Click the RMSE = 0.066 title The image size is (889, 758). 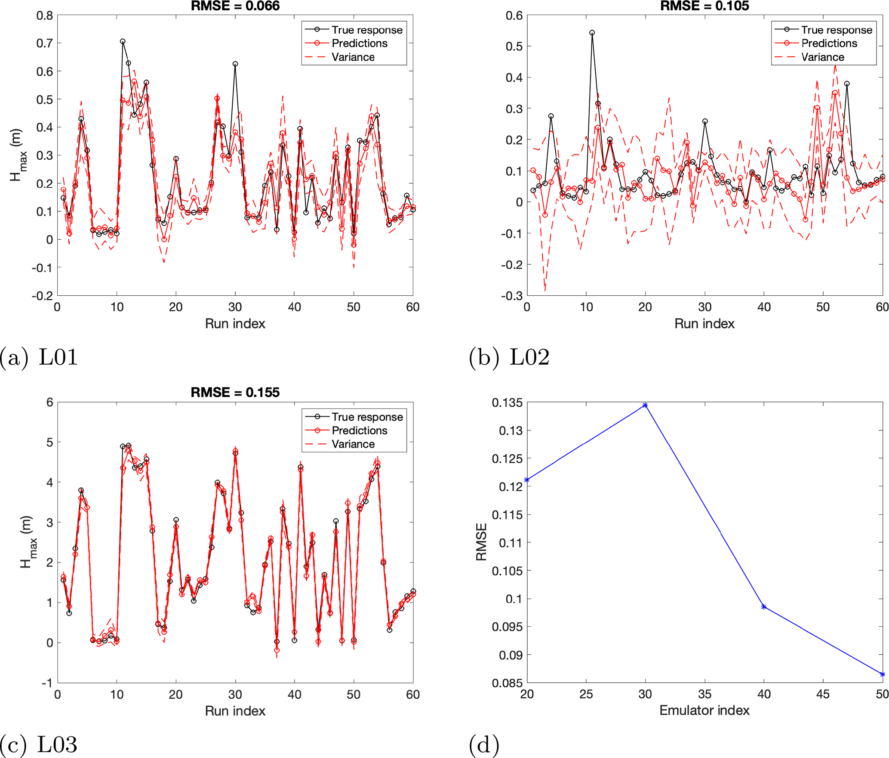(x=235, y=6)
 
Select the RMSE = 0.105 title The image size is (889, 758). (x=704, y=6)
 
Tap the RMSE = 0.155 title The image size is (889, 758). (x=235, y=392)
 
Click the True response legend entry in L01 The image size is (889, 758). (x=366, y=30)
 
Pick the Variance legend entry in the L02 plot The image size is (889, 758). (x=822, y=57)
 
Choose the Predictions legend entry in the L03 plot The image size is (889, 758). (x=359, y=430)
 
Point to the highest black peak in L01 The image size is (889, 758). (x=123, y=41)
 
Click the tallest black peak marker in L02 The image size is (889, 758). (x=592, y=33)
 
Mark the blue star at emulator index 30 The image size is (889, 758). (x=645, y=405)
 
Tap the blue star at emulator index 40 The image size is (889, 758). (x=764, y=607)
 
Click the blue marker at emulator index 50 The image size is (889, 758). (x=882, y=674)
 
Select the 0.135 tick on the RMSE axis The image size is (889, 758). (x=507, y=403)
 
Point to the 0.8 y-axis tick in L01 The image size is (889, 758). (x=44, y=16)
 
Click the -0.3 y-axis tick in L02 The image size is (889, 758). (x=511, y=296)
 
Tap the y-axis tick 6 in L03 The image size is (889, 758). (x=50, y=402)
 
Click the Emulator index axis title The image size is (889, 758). (x=704, y=710)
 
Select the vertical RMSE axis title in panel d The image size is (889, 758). (x=481, y=542)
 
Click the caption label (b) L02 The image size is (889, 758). (x=509, y=357)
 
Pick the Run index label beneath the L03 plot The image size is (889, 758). (x=235, y=711)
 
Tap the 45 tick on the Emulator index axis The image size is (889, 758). (x=823, y=694)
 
